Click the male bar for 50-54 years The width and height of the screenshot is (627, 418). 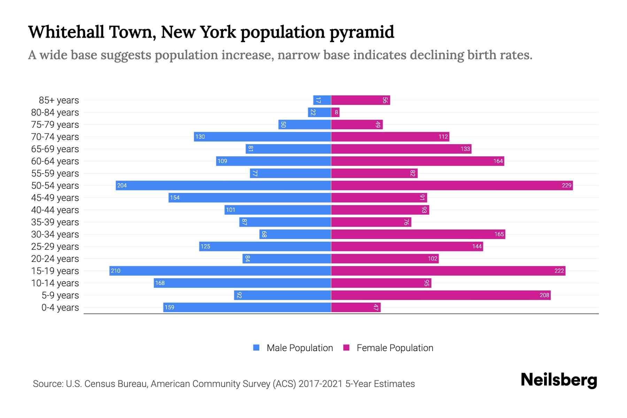pyautogui.click(x=223, y=185)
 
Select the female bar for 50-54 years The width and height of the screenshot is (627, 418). pyautogui.click(x=452, y=185)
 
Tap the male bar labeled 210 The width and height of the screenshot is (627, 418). pyautogui.click(x=220, y=271)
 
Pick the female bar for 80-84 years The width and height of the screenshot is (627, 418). pyautogui.click(x=335, y=112)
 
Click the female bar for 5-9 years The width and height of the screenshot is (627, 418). pyautogui.click(x=441, y=295)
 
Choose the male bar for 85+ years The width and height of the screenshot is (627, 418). pyautogui.click(x=322, y=100)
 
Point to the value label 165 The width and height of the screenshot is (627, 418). pyautogui.click(x=499, y=234)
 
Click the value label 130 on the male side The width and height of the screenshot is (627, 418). pyautogui.click(x=200, y=137)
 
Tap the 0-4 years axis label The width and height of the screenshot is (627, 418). pyautogui.click(x=60, y=308)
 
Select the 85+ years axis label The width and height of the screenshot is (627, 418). pyautogui.click(x=59, y=100)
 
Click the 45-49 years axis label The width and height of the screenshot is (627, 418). pyautogui.click(x=55, y=198)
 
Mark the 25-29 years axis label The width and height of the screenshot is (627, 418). pyautogui.click(x=55, y=247)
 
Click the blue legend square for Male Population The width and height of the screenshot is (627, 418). pyautogui.click(x=256, y=348)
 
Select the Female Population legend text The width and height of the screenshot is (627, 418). pyautogui.click(x=395, y=348)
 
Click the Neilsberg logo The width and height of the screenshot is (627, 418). pyautogui.click(x=559, y=380)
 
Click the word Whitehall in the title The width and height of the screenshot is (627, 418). pyautogui.click(x=66, y=32)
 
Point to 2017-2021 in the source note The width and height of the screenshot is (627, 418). pyautogui.click(x=320, y=384)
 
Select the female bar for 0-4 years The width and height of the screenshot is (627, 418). pyautogui.click(x=356, y=307)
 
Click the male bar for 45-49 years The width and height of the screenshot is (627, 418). pyautogui.click(x=250, y=198)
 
